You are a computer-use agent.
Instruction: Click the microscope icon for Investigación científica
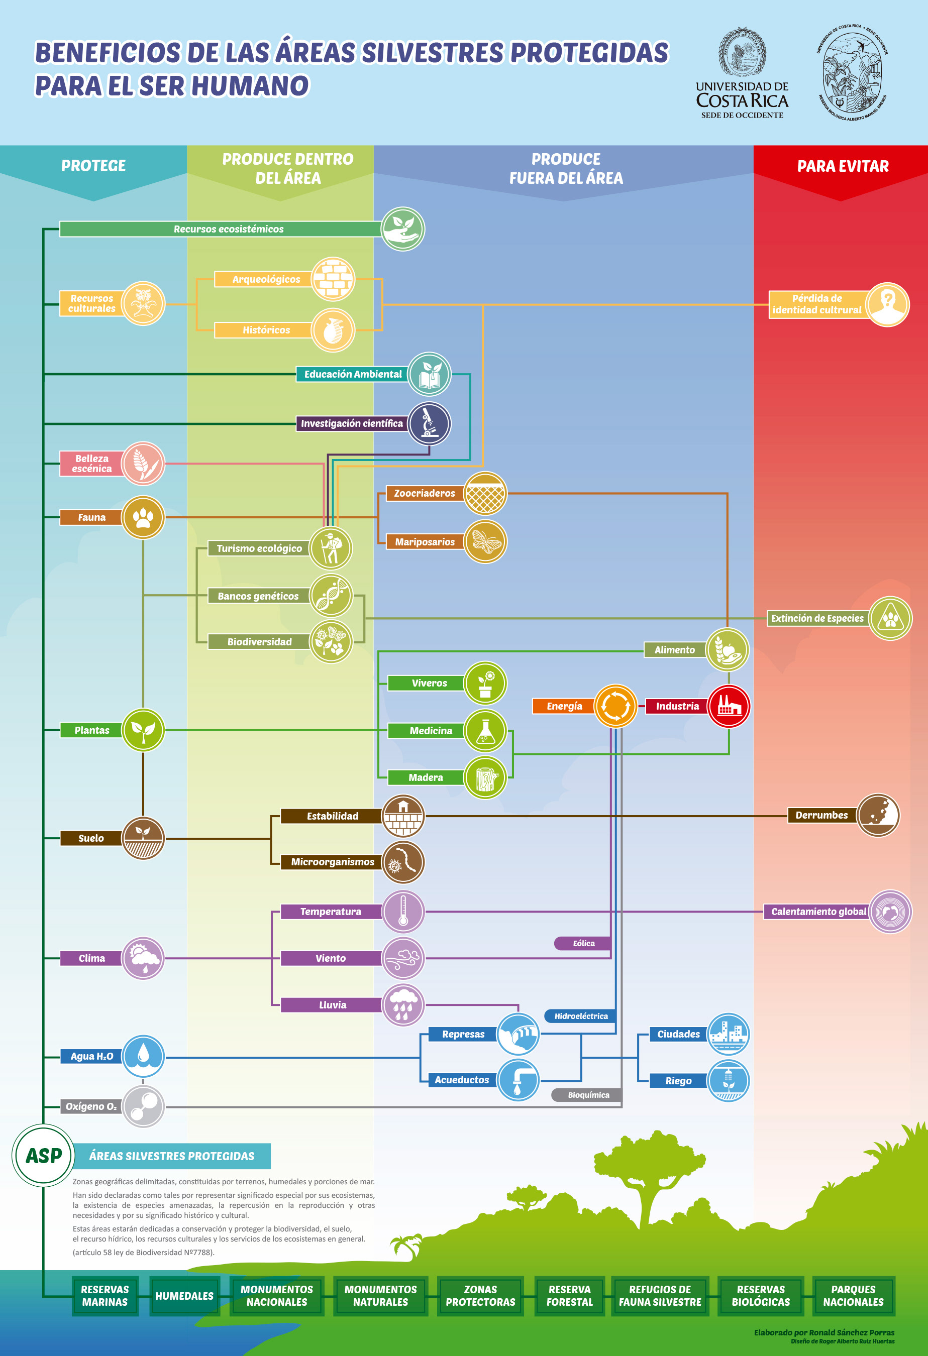tap(429, 423)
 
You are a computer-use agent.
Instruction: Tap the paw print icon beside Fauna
tap(143, 517)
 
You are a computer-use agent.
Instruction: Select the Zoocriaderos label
tap(425, 493)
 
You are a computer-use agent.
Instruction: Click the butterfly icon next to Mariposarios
tap(485, 541)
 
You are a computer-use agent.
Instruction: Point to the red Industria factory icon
tap(729, 706)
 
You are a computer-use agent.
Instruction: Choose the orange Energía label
tap(564, 706)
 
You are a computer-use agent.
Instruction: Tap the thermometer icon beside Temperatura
tap(403, 912)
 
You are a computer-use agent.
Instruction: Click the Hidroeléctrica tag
tap(581, 1016)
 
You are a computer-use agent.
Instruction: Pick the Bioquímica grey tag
tap(588, 1095)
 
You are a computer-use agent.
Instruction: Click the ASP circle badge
tap(43, 1155)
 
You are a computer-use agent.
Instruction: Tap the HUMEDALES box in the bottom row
tap(184, 1295)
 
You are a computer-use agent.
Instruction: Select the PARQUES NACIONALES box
tap(853, 1295)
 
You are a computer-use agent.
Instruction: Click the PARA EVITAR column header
tap(842, 166)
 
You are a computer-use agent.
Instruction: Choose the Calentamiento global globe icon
tap(890, 912)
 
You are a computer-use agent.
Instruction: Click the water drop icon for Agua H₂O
tap(143, 1056)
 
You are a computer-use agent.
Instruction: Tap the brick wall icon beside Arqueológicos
tap(333, 279)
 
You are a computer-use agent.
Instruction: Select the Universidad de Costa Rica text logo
tap(742, 99)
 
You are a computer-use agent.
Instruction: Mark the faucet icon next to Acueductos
tap(518, 1079)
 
